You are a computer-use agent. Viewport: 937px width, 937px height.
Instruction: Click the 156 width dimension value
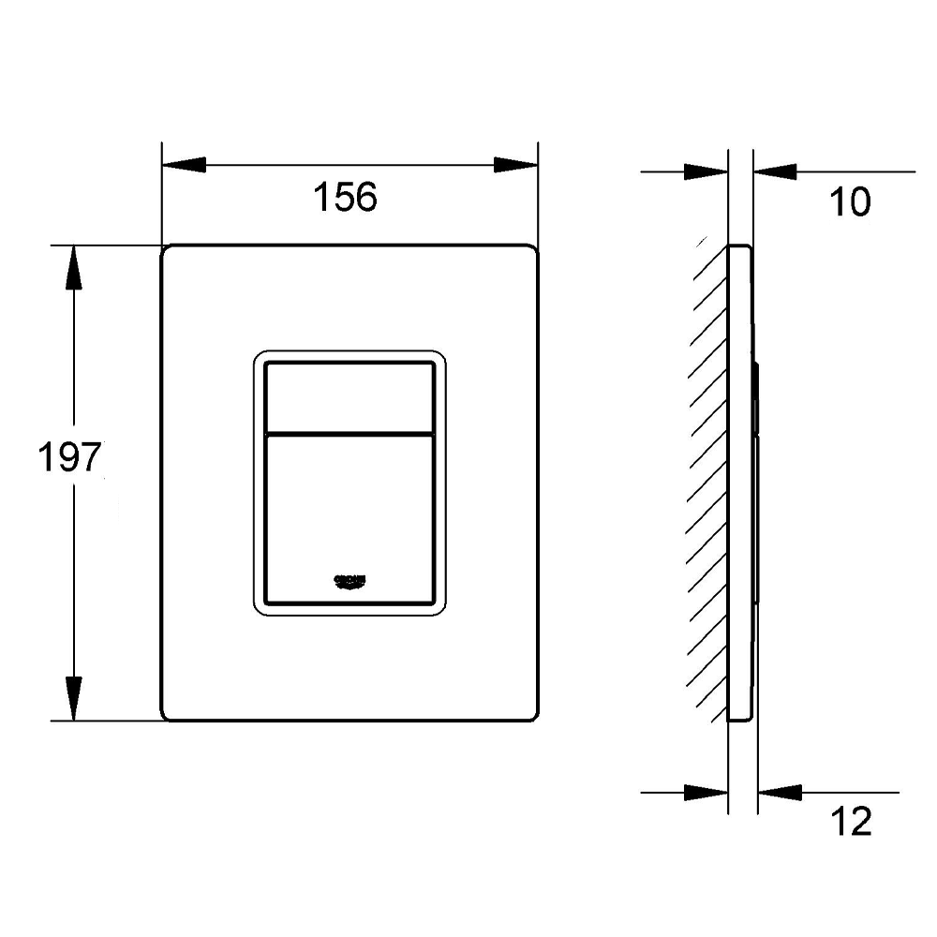[x=345, y=197]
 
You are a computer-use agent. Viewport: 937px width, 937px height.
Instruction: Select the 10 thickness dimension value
[x=851, y=201]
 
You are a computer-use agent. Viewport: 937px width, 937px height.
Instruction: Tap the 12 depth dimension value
[x=851, y=822]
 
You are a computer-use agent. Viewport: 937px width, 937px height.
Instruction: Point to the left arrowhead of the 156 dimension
[x=184, y=166]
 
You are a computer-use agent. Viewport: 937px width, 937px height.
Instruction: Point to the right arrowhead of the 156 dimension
[x=516, y=166]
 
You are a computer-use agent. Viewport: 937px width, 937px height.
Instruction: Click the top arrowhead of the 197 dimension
[x=72, y=267]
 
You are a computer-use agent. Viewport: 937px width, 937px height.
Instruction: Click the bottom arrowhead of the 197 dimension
[x=72, y=699]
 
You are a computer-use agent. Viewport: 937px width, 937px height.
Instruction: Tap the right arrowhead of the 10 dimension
[x=774, y=172]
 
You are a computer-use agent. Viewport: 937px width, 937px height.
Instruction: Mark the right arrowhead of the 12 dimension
[x=780, y=793]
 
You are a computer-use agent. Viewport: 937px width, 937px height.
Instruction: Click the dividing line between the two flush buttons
[x=350, y=435]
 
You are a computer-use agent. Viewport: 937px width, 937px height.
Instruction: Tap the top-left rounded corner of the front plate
[x=167, y=251]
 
